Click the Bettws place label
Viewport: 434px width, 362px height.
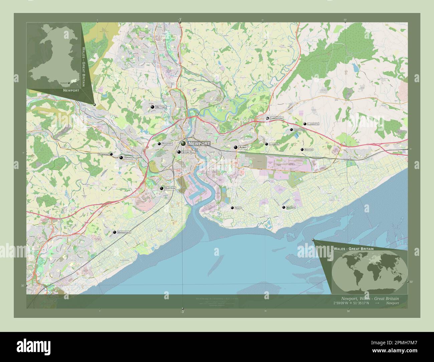[161, 107]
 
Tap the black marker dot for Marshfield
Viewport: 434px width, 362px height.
[115, 232]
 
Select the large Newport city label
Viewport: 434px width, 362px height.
[199, 144]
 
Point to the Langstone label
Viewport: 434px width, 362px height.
[277, 119]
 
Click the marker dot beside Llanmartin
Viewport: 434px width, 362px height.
[305, 124]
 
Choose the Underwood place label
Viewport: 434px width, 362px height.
[300, 130]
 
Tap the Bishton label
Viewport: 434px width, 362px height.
[309, 150]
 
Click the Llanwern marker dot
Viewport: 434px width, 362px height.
[266, 144]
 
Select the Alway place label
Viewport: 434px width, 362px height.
[243, 147]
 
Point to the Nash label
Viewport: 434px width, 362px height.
[237, 208]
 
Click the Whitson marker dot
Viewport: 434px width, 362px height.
[284, 207]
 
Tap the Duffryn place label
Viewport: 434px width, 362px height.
[170, 188]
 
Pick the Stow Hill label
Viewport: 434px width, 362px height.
[188, 152]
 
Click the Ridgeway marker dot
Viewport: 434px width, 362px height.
[159, 144]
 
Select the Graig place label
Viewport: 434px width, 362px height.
[128, 157]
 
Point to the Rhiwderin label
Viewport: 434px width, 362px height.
[103, 154]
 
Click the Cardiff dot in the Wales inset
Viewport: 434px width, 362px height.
[68, 83]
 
